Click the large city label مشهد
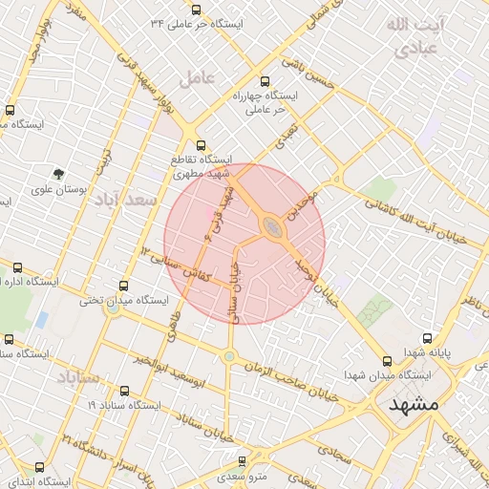pyautogui.click(x=414, y=404)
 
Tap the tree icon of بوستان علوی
pyautogui.click(x=59, y=174)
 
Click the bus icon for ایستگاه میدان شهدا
pyautogui.click(x=387, y=361)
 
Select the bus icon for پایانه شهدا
pyautogui.click(x=427, y=337)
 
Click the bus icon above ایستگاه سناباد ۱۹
pyautogui.click(x=124, y=391)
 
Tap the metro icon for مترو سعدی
pyautogui.click(x=242, y=460)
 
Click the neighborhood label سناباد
pyautogui.click(x=79, y=379)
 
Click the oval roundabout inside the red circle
pyautogui.click(x=274, y=227)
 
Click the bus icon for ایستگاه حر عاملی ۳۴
pyautogui.click(x=196, y=10)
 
